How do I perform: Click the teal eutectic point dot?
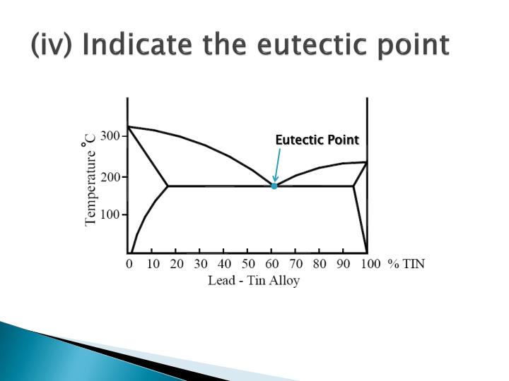[x=274, y=186]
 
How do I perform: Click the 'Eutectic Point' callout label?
[x=317, y=140]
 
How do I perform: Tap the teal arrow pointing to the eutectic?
[x=277, y=165]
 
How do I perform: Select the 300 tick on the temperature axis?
[x=110, y=136]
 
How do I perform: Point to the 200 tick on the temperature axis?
[x=110, y=176]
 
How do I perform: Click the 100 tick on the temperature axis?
[x=110, y=214]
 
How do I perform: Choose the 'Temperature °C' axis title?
[x=90, y=182]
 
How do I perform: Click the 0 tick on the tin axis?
[x=129, y=265]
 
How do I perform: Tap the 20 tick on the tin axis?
[x=177, y=265]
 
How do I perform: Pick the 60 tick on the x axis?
[x=271, y=265]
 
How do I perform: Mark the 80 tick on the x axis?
[x=319, y=265]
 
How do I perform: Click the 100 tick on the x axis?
[x=368, y=265]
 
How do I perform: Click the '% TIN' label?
[x=406, y=265]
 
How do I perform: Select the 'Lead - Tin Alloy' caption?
[x=254, y=280]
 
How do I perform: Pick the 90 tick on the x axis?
[x=343, y=265]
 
